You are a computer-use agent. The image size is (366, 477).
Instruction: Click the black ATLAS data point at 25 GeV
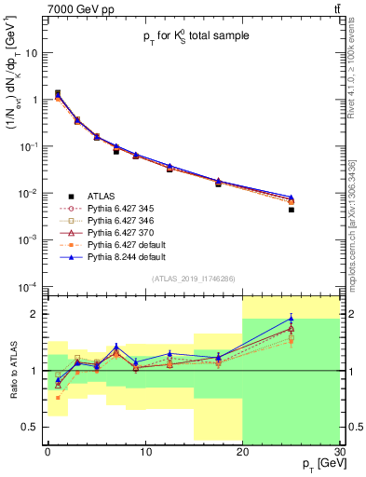coord(291,210)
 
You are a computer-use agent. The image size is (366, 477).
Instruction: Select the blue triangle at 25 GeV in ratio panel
coord(291,319)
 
